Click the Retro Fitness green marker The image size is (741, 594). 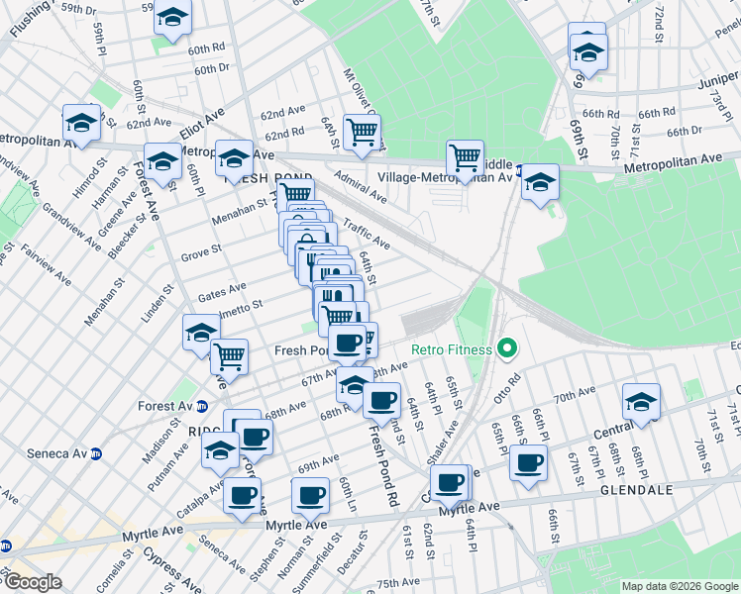point(507,348)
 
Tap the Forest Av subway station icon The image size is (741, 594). point(202,406)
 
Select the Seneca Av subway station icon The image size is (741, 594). point(97,454)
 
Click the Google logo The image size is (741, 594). point(32,581)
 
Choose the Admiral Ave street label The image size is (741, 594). point(360,184)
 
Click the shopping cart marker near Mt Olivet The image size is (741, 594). point(362,131)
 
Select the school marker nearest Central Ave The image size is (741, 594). point(641,401)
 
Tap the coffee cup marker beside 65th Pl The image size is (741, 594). point(529,461)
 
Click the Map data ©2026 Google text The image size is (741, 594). point(679,586)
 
